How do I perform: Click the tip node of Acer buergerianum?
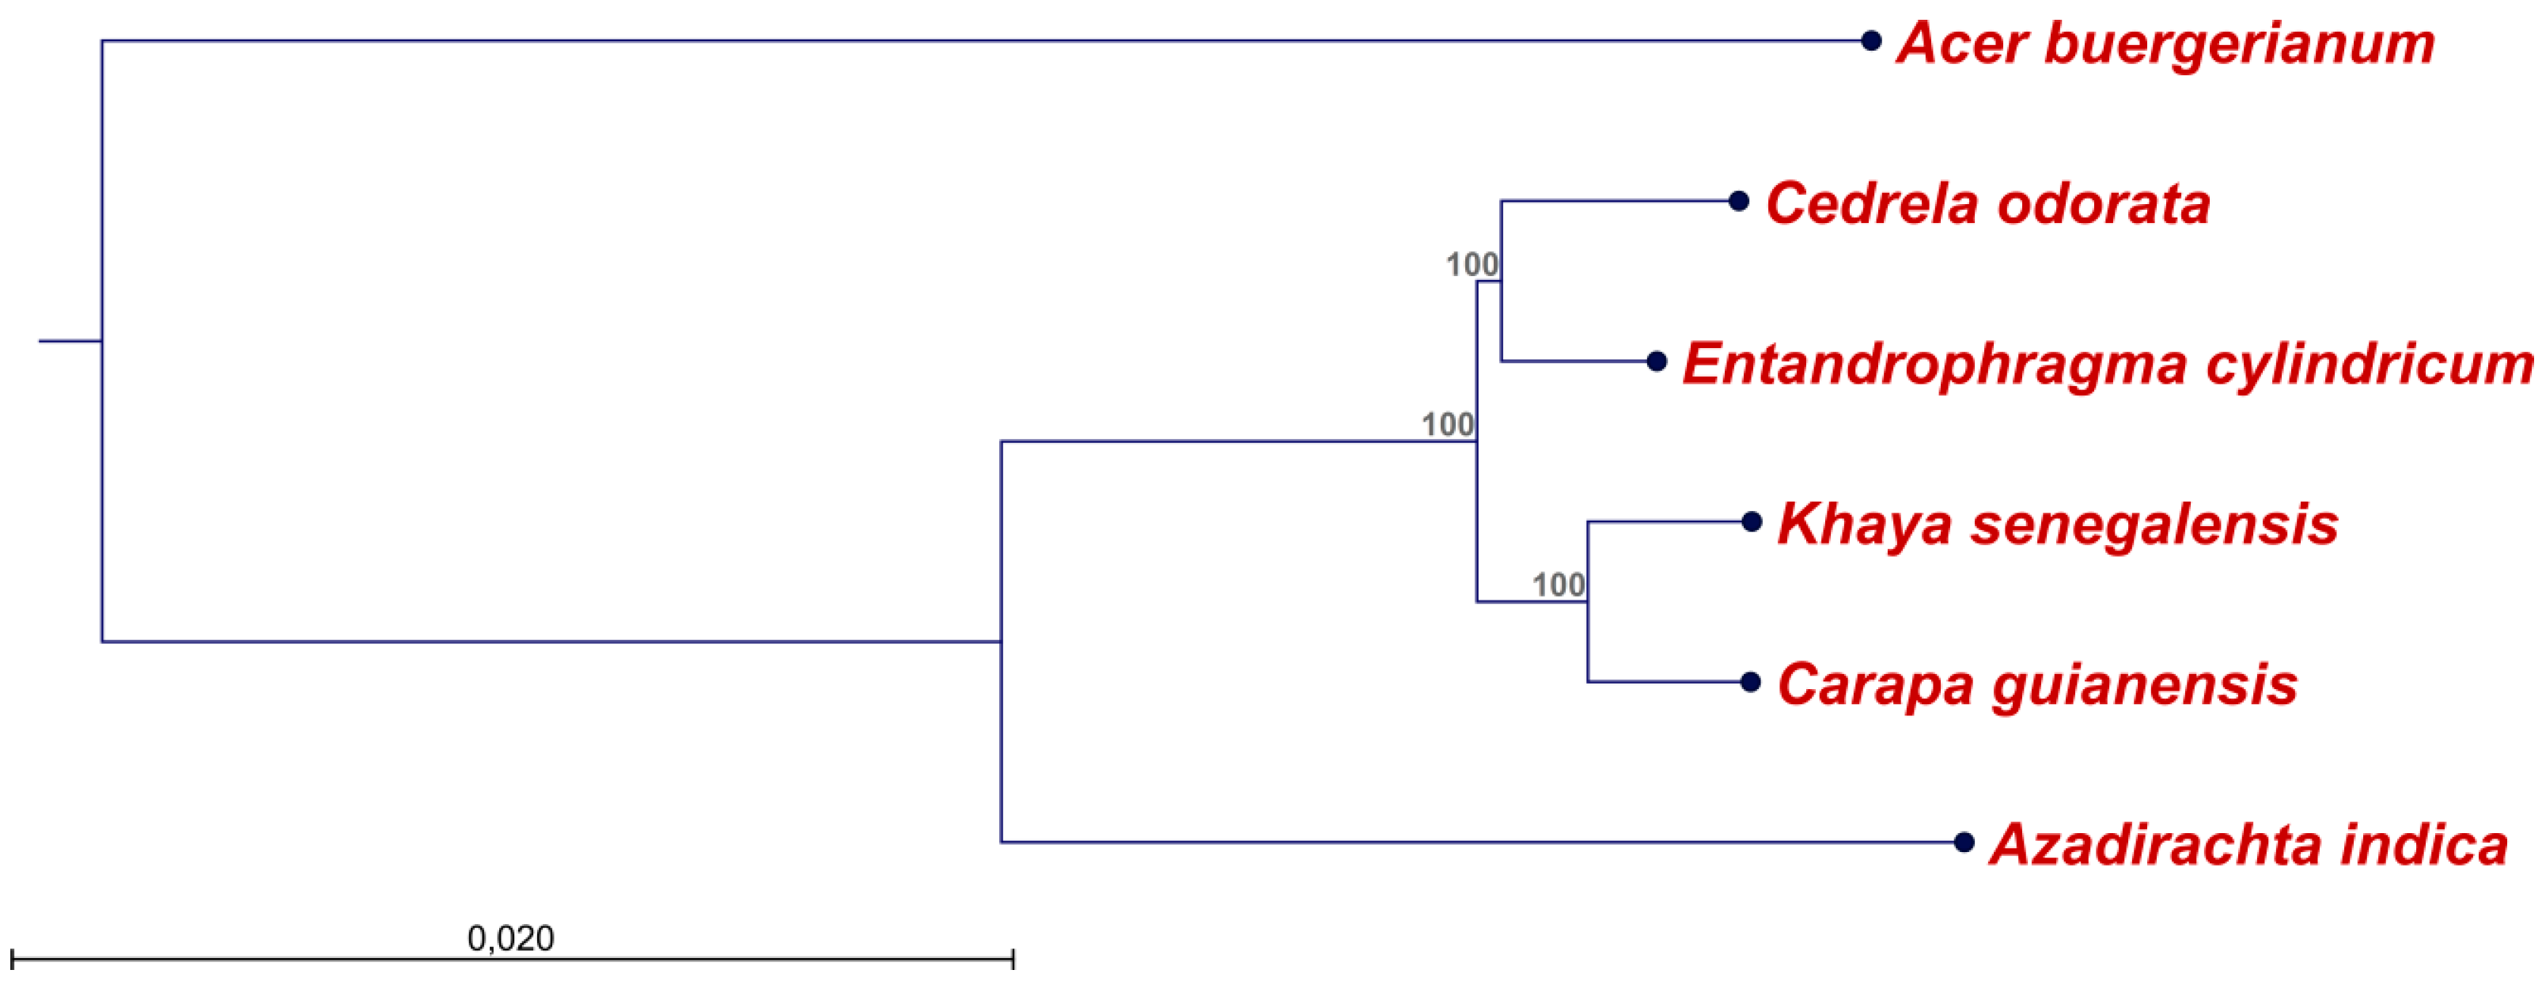pos(1870,40)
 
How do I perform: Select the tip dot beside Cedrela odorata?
pos(1739,201)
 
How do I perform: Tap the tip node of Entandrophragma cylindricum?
pos(1657,362)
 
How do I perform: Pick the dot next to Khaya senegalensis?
pos(1752,521)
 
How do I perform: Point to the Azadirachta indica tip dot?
pos(1964,842)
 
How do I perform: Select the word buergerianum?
pos(2239,44)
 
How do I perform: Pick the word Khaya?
pos(1864,524)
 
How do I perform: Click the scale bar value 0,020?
pos(510,938)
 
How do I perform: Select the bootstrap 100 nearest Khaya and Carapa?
pos(1558,585)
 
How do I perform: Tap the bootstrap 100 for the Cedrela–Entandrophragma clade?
pos(1472,264)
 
